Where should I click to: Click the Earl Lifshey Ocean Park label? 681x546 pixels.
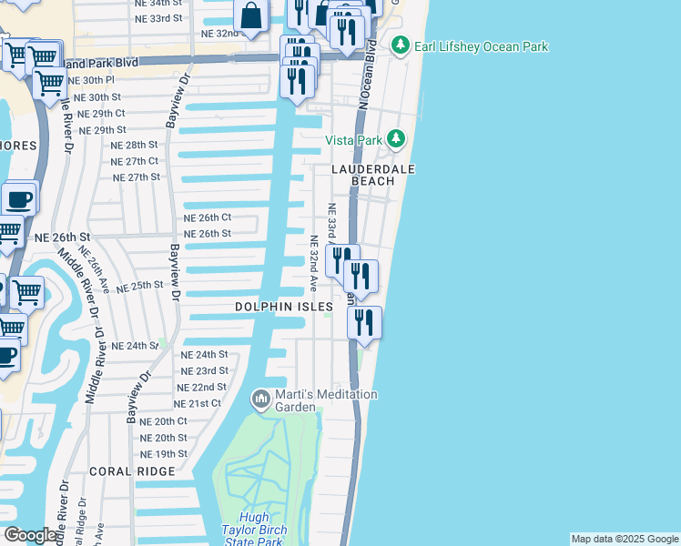pyautogui.click(x=482, y=46)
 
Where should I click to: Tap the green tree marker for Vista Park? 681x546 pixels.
pyautogui.click(x=395, y=139)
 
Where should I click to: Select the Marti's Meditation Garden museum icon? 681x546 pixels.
pyautogui.click(x=261, y=399)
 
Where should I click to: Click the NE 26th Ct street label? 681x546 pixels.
pyautogui.click(x=208, y=217)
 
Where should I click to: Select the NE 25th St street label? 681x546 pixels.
pyautogui.click(x=140, y=285)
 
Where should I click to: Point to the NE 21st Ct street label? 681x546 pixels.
pyautogui.click(x=198, y=403)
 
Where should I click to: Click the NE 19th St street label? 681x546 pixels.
pyautogui.click(x=164, y=453)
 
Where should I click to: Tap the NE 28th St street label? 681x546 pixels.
pyautogui.click(x=134, y=145)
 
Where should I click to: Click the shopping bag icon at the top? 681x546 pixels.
pyautogui.click(x=250, y=15)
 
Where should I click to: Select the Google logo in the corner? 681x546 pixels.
pyautogui.click(x=29, y=535)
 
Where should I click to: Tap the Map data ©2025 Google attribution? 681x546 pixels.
pyautogui.click(x=625, y=539)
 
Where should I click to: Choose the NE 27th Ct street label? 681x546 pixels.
pyautogui.click(x=134, y=161)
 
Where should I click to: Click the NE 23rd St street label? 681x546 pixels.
pyautogui.click(x=204, y=370)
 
